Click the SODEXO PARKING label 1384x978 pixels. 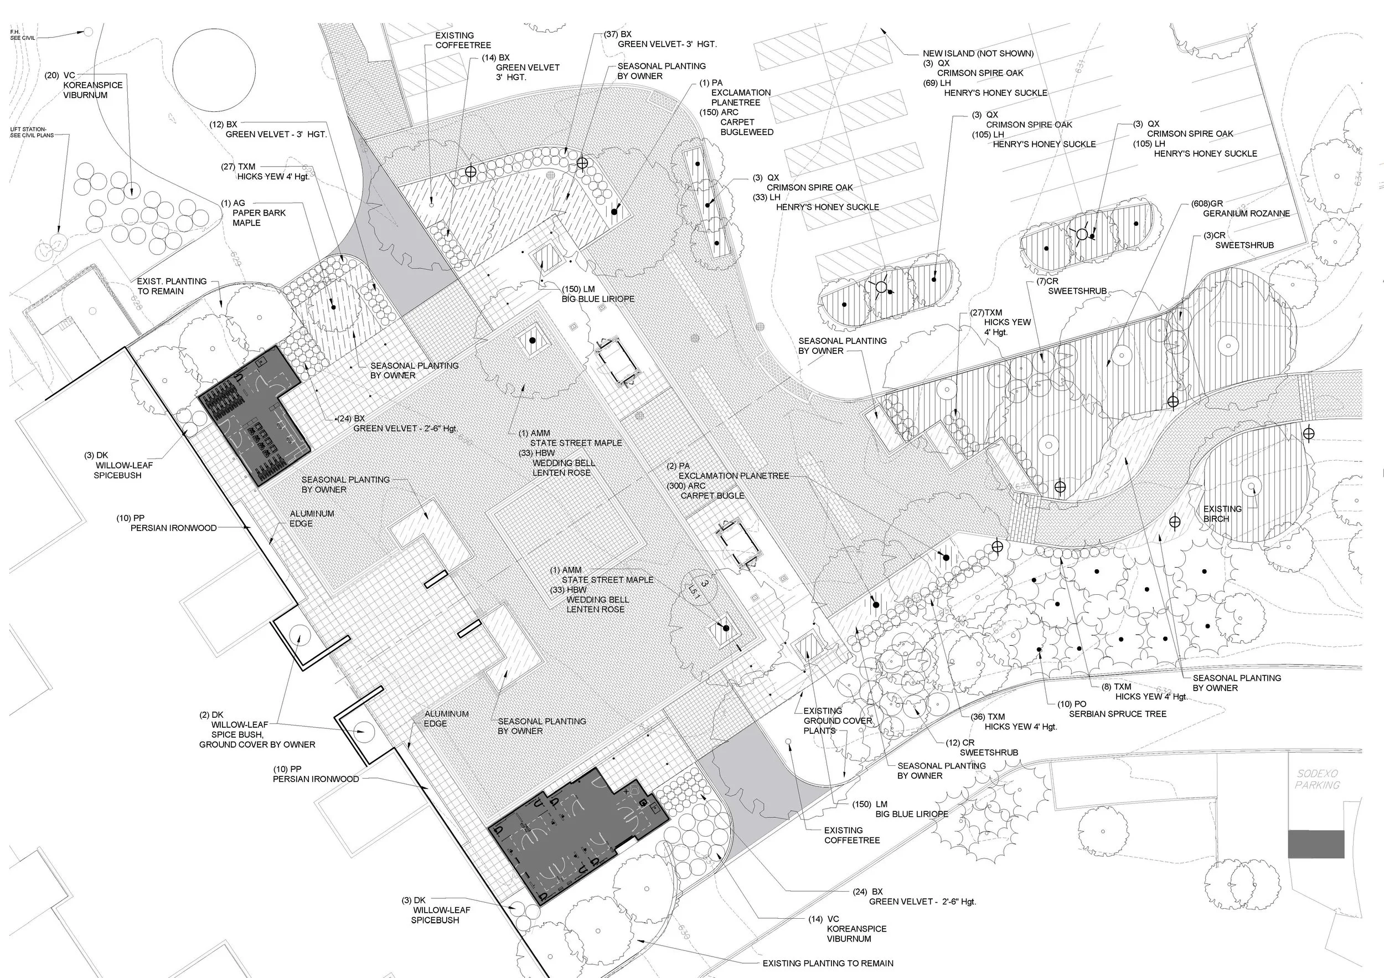tap(1317, 779)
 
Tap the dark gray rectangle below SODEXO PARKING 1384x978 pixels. tap(1316, 843)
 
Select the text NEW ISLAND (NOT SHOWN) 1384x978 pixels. tap(978, 54)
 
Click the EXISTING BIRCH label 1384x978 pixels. tap(1222, 513)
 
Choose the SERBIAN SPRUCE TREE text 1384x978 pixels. tap(1118, 714)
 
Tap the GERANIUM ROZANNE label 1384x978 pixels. tap(1246, 213)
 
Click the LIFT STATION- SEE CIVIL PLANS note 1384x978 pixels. tap(32, 132)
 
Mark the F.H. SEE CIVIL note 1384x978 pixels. tap(23, 34)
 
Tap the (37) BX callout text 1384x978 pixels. tap(617, 34)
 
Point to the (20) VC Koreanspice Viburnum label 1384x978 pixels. tap(84, 85)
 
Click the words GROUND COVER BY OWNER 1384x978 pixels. tap(257, 745)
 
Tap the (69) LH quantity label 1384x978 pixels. tap(937, 83)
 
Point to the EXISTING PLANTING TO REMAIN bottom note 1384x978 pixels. tap(828, 964)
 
